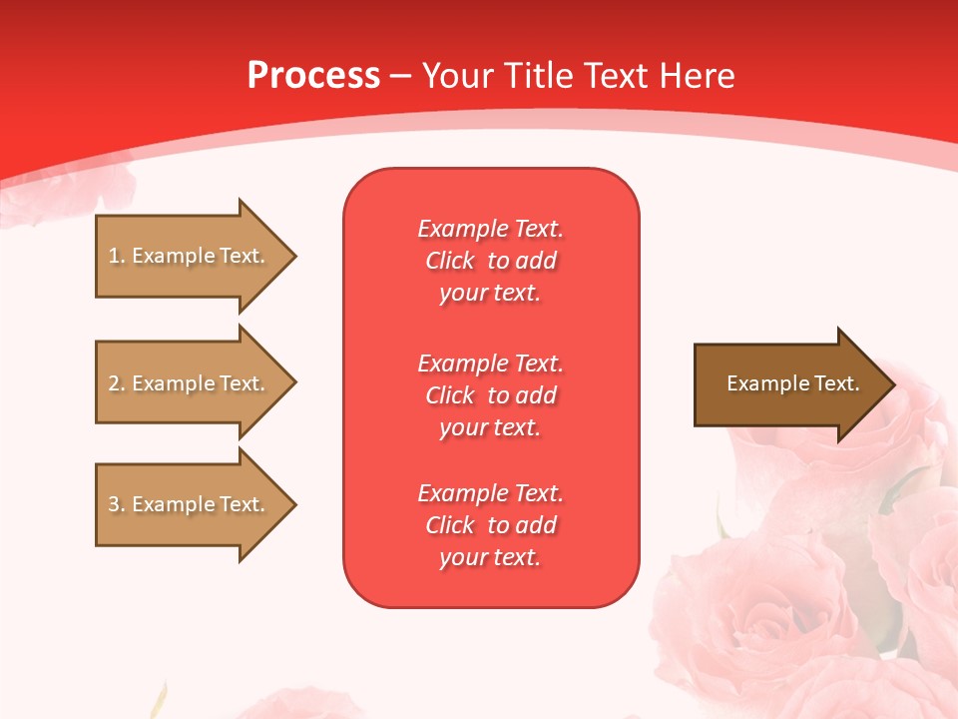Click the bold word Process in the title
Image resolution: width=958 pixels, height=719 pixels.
[x=313, y=76]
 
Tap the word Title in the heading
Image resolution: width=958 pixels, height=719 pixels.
[x=540, y=76]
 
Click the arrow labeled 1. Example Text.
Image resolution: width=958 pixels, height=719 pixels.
[x=190, y=256]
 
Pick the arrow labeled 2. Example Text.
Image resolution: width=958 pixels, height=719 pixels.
[x=190, y=383]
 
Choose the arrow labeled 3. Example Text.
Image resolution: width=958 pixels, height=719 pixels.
[x=190, y=504]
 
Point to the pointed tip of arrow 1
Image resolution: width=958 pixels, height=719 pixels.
[x=293, y=256]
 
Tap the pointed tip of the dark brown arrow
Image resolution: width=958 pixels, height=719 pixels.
[x=892, y=384]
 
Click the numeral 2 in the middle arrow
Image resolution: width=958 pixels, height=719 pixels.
[x=114, y=383]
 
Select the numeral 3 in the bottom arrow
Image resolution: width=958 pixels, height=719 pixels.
[x=114, y=504]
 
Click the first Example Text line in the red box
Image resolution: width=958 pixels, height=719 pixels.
[x=490, y=229]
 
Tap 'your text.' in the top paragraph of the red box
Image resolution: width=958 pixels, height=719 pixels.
[x=490, y=294]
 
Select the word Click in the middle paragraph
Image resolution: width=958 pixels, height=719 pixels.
[x=450, y=395]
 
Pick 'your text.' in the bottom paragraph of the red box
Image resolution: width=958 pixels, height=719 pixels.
[x=490, y=557]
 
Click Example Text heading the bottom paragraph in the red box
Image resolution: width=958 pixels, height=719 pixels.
[x=490, y=493]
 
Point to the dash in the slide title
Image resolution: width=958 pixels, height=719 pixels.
[x=400, y=76]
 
